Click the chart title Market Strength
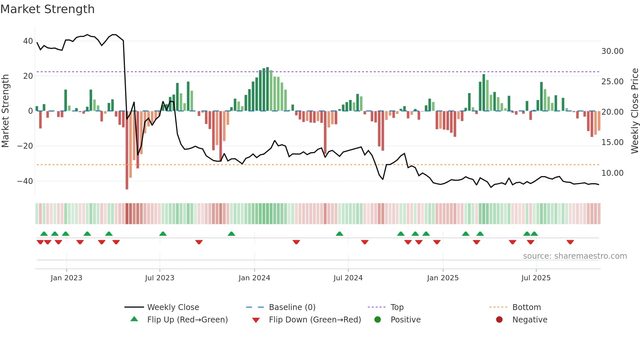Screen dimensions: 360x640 tap(47, 9)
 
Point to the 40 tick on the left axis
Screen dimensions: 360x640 tap(28, 41)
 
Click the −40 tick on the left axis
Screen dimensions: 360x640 tap(25, 181)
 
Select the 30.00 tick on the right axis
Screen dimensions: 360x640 tap(612, 51)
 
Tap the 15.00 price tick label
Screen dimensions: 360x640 tap(612, 142)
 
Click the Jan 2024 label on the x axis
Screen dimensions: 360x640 tap(254, 278)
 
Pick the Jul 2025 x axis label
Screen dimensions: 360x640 tap(536, 278)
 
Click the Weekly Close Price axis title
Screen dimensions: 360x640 tap(634, 111)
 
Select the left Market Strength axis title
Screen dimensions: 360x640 tap(5, 111)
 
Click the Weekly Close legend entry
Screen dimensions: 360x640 tap(173, 307)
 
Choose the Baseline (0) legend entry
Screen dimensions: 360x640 tap(292, 307)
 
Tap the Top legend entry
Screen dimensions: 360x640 tap(397, 307)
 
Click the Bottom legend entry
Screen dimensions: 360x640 tap(526, 307)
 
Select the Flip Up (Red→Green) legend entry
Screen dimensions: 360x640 tap(187, 320)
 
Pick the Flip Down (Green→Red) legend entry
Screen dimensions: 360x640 tap(315, 320)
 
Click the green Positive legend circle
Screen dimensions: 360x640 tap(378, 320)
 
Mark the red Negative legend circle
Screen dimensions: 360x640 tap(499, 320)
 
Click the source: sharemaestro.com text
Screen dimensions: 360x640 tap(575, 256)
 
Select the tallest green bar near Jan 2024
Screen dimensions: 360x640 tap(267, 89)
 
